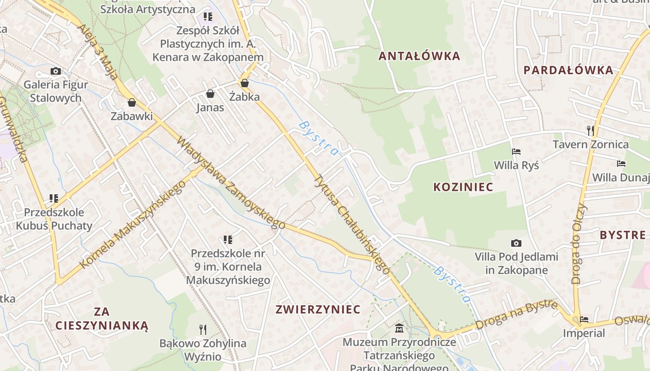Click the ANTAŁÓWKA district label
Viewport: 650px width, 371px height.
tap(419, 56)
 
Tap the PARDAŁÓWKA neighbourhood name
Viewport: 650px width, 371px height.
tap(568, 70)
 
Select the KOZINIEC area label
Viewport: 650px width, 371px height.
tap(463, 187)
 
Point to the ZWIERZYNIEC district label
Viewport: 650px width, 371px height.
tap(318, 309)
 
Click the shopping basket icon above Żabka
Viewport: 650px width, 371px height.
tap(245, 83)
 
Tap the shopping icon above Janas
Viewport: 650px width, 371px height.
tap(210, 94)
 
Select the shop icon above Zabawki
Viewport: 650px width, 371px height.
tap(132, 102)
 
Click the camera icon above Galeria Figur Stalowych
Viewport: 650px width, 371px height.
tap(56, 71)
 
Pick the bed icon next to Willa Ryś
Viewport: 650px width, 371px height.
tap(516, 151)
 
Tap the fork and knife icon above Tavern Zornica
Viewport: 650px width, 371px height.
tap(590, 130)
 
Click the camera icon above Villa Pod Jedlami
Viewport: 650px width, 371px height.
tap(516, 243)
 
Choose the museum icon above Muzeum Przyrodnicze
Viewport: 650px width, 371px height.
tap(399, 329)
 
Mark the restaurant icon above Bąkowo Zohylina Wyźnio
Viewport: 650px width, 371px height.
tap(203, 330)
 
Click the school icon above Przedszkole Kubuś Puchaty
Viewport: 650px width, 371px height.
tap(54, 198)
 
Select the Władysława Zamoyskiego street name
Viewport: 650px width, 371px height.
tap(231, 183)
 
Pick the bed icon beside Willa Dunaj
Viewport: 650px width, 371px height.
tap(621, 163)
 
